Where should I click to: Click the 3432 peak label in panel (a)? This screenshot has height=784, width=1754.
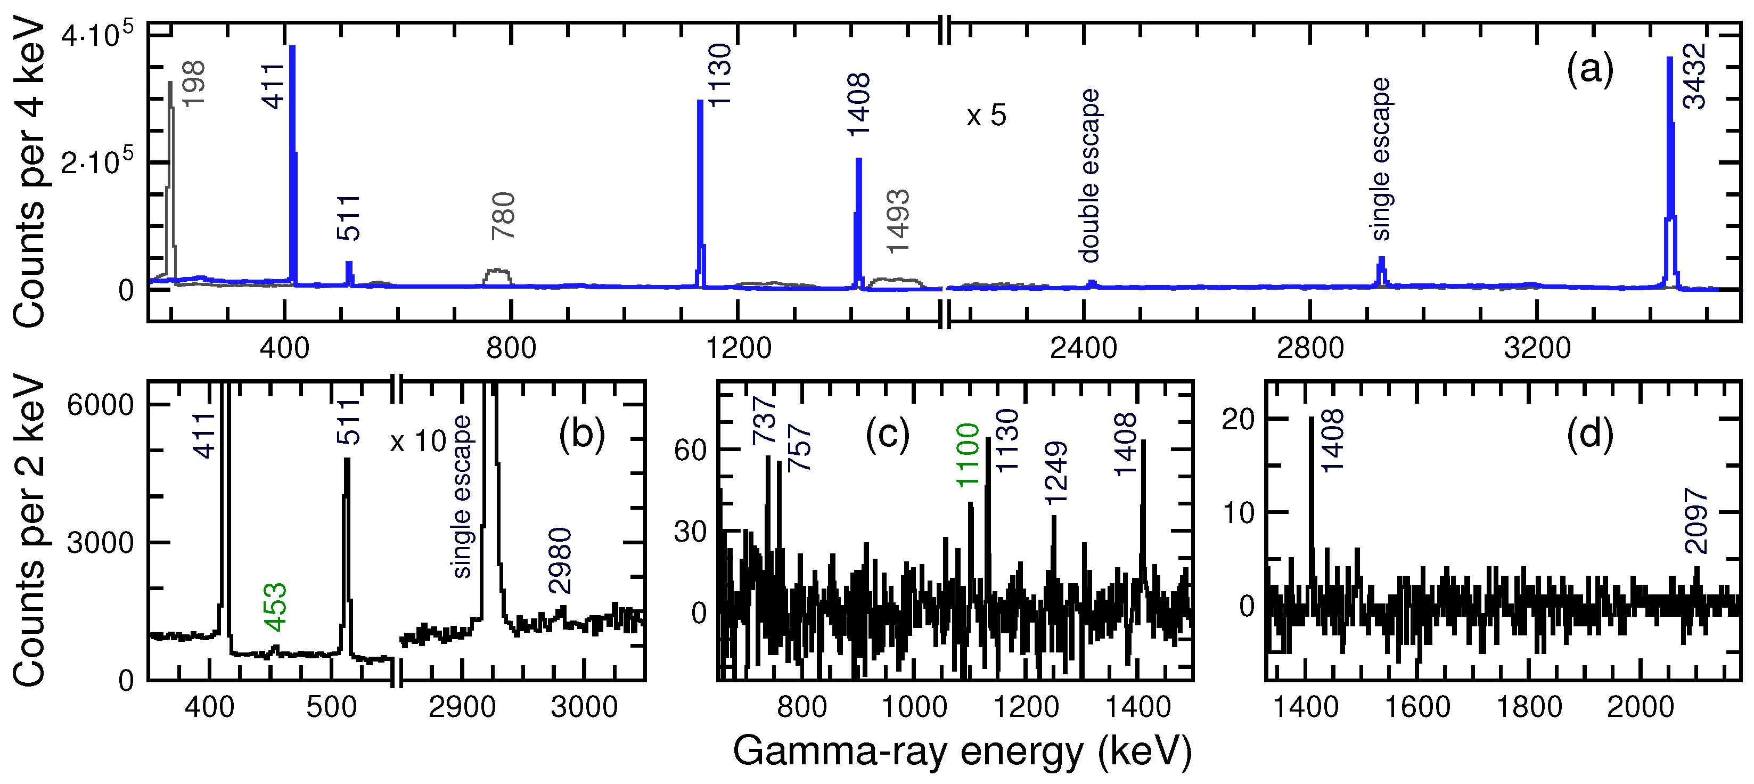[1693, 76]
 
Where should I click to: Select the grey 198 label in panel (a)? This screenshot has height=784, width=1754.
[194, 83]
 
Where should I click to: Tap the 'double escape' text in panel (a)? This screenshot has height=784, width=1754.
[1089, 176]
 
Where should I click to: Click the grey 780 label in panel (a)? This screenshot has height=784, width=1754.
[504, 216]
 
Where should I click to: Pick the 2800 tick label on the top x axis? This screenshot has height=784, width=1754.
[1310, 349]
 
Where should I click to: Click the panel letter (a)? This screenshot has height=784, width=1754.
[1590, 71]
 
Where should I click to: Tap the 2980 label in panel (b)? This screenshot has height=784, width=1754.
[560, 561]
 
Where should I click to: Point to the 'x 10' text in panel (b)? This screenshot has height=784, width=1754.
[418, 442]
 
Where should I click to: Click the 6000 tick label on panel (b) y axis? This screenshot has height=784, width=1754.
[100, 405]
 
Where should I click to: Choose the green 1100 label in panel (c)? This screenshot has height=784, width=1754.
[967, 455]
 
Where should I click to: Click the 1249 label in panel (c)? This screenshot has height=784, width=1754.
[1055, 473]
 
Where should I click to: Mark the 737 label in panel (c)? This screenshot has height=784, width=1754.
[764, 421]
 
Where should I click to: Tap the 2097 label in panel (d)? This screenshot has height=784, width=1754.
[1696, 521]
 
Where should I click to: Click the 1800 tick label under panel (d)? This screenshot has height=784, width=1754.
[1529, 708]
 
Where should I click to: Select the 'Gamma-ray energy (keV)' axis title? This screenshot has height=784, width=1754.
[962, 752]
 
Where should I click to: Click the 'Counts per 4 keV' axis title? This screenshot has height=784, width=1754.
[30, 174]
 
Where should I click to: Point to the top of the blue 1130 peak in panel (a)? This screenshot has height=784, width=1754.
[700, 102]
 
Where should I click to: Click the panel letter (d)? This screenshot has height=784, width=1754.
[1590, 435]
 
